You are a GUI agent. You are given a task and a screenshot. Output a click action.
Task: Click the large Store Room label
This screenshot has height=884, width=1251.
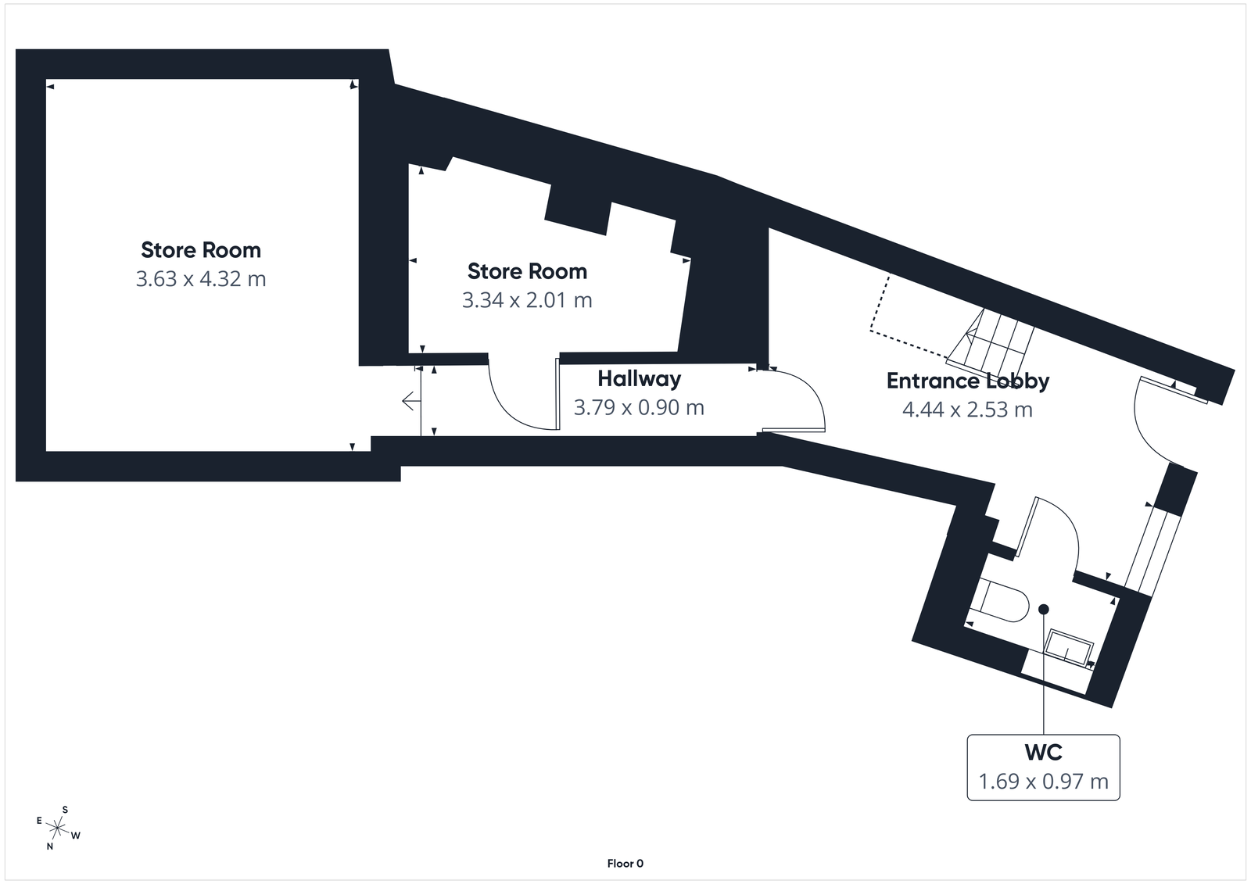tap(201, 250)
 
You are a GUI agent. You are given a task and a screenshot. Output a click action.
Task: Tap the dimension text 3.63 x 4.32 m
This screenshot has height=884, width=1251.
tap(201, 279)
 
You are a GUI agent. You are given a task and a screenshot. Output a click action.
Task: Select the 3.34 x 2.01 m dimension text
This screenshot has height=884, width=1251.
tap(527, 300)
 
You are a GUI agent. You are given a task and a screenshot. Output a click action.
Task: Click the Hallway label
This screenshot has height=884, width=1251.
tap(639, 379)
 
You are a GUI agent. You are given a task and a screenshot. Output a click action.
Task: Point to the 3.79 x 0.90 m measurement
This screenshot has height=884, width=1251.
tap(639, 407)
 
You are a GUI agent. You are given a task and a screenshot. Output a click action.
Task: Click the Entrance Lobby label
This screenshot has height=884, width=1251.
tap(967, 381)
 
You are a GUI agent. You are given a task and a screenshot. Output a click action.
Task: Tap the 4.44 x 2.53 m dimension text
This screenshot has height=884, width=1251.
tap(967, 410)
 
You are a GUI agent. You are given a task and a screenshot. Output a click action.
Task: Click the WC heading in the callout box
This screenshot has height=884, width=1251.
tap(1043, 752)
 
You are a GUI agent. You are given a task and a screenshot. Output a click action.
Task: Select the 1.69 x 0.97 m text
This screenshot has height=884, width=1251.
tap(1043, 782)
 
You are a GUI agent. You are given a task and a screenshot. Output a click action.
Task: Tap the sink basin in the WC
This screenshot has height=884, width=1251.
tap(1070, 648)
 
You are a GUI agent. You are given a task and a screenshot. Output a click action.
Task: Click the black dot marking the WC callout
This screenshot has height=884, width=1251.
tap(1043, 609)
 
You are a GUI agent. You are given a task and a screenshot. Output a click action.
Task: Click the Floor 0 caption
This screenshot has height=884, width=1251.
tap(625, 864)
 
